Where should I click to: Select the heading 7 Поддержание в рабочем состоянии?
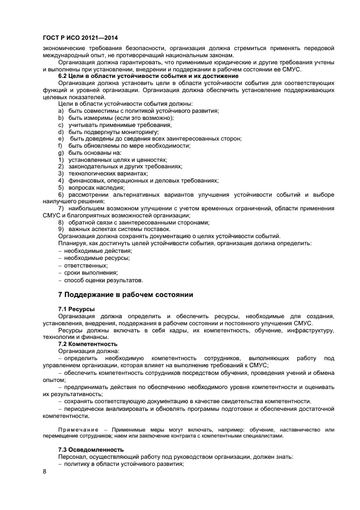point(125,295)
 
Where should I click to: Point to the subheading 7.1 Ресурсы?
point(76,309)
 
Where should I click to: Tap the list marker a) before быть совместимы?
point(61,111)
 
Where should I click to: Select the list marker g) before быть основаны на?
point(61,153)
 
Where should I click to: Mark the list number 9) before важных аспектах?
point(61,229)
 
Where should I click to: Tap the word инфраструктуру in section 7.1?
point(308,330)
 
